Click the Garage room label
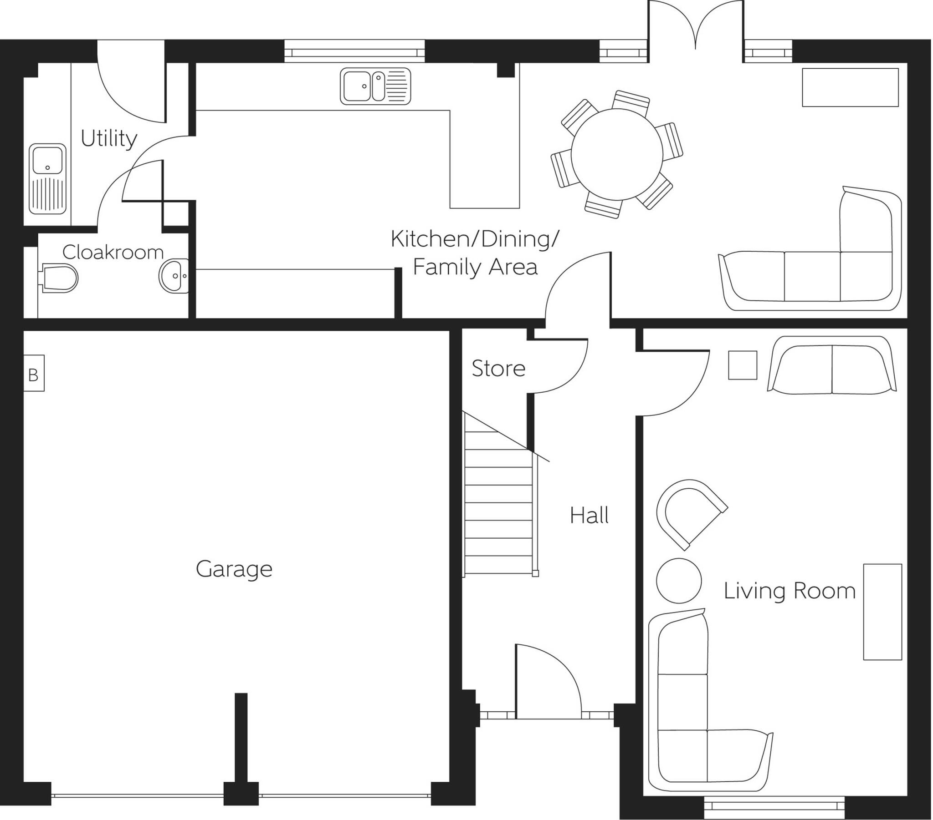tap(234, 569)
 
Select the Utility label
tap(108, 138)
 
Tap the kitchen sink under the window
tap(375, 86)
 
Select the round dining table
tap(617, 154)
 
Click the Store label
tap(498, 369)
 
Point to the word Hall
tap(589, 516)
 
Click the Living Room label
tap(789, 591)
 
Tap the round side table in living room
tap(678, 581)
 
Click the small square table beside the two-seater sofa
tap(742, 365)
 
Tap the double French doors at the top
tap(695, 27)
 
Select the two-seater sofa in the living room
tap(832, 365)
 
